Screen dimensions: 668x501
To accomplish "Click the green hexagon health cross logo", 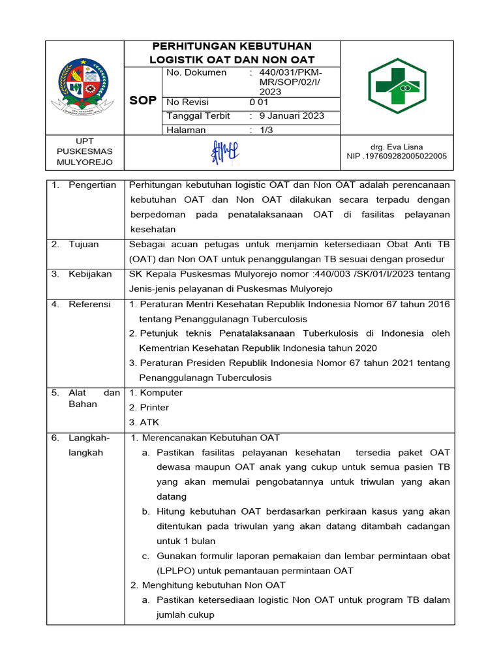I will click(x=397, y=86).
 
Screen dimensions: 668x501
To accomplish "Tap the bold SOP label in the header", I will click(x=144, y=100).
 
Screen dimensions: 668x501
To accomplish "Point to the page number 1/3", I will click(x=267, y=130).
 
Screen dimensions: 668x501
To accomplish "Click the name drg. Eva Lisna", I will click(x=397, y=147).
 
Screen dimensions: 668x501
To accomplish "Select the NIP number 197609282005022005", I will click(x=397, y=157).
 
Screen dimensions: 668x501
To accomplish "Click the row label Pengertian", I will click(x=92, y=185).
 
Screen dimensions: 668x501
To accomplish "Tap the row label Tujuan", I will click(x=83, y=245).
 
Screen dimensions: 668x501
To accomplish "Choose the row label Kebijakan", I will click(x=90, y=274).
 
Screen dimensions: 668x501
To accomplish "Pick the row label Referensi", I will click(x=89, y=304).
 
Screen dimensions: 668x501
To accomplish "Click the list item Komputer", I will click(x=160, y=393).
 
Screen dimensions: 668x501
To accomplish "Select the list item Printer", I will click(x=154, y=408).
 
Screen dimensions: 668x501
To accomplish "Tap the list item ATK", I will click(x=149, y=423).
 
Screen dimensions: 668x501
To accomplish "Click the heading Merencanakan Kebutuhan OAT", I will click(x=211, y=438).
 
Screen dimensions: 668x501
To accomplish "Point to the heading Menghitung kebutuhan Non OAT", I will click(x=213, y=585).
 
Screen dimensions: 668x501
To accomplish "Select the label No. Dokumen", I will click(x=196, y=72).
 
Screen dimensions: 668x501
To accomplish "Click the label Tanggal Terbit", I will click(x=198, y=116).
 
